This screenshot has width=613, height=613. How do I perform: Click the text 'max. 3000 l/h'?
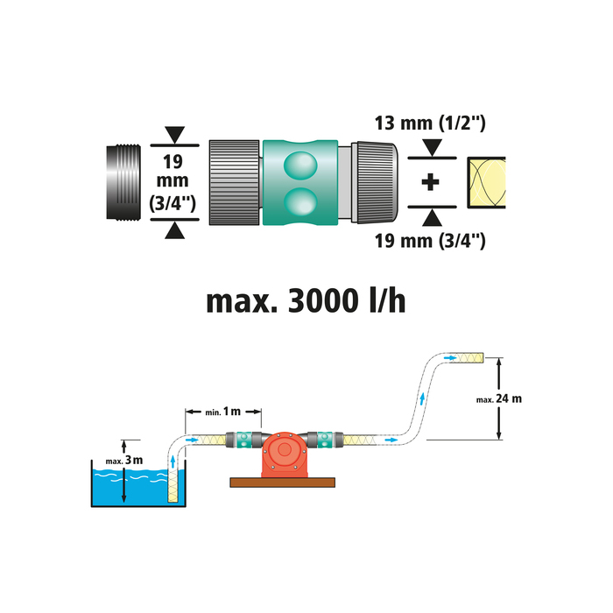click(306, 301)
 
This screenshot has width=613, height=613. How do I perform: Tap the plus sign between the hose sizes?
click(429, 184)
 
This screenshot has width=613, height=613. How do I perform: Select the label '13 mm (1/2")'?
click(429, 124)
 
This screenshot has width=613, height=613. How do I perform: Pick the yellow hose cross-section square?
click(487, 184)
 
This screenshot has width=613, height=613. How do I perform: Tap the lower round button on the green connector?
click(301, 203)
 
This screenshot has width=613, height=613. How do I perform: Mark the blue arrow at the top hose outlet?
click(450, 358)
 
